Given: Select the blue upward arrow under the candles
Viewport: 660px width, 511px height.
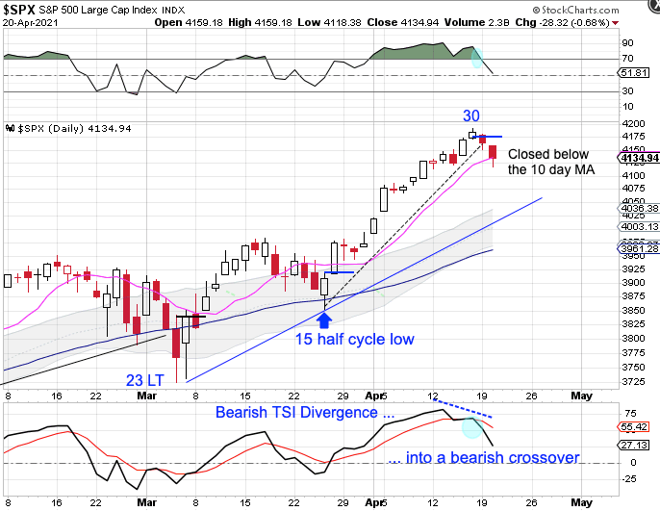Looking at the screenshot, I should coord(324,319).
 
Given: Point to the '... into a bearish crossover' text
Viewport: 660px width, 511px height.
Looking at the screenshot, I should coord(484,457).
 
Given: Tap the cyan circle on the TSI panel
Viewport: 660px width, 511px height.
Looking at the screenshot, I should coord(471,428).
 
